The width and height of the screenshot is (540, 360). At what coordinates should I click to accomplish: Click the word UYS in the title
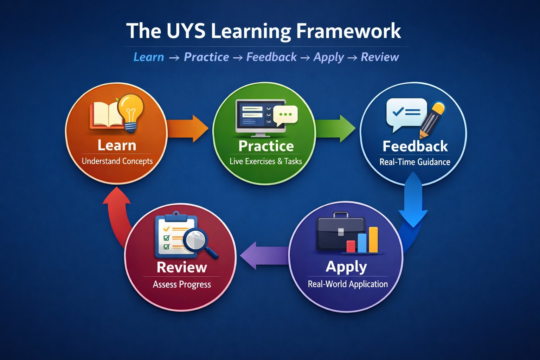186,31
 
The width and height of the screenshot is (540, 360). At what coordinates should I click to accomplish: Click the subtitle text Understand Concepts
117,161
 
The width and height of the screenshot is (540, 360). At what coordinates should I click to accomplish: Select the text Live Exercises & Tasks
266,161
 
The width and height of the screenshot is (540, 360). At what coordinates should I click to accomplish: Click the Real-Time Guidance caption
415,162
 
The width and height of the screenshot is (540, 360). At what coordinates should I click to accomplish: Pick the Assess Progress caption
182,284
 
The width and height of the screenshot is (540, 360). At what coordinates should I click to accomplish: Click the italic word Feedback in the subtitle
271,57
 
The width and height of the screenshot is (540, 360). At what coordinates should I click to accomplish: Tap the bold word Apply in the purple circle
346,267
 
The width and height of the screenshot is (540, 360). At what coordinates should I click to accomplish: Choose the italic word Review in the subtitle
380,57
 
